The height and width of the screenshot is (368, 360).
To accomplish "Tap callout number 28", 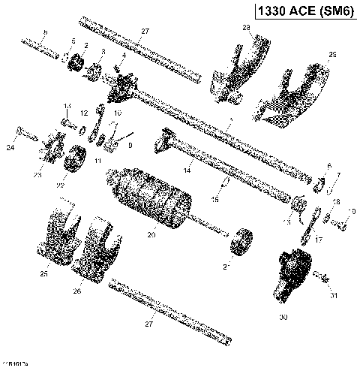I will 245,27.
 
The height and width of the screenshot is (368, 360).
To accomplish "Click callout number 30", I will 283,318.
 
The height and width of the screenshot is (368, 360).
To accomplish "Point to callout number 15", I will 215,199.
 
